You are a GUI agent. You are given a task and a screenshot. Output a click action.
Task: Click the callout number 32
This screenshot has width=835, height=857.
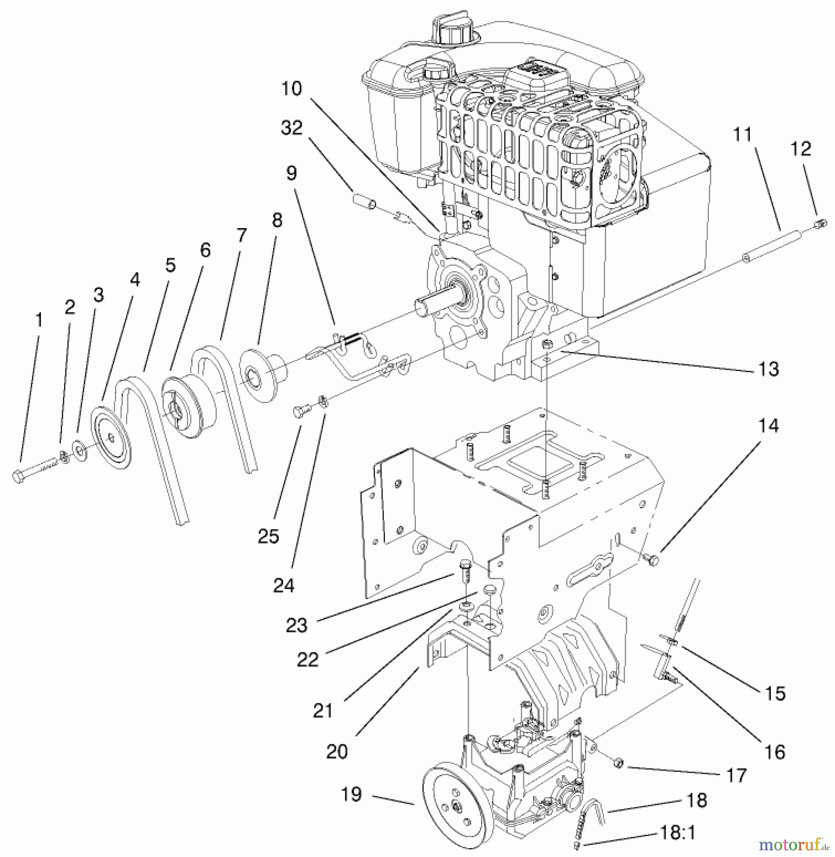(292, 128)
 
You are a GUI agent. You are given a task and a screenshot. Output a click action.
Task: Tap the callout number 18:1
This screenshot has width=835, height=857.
(678, 833)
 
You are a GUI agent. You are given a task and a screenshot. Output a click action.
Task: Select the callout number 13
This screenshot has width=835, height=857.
(768, 369)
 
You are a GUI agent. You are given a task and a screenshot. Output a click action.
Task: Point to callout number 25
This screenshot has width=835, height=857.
(268, 537)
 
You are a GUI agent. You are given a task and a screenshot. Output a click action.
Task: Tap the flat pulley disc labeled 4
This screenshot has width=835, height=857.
(111, 437)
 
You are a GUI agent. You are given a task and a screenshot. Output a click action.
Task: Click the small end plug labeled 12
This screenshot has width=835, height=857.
(819, 222)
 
